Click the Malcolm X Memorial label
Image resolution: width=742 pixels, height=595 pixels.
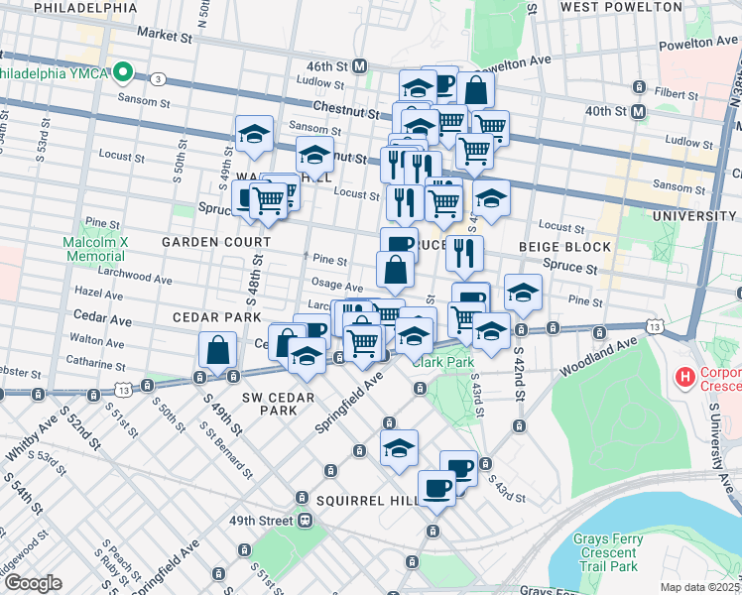[x=94, y=248]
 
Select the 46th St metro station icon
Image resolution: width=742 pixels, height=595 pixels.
[x=360, y=65]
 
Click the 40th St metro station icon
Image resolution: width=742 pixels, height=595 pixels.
[x=640, y=112]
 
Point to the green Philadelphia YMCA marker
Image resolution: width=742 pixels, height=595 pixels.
[x=124, y=71]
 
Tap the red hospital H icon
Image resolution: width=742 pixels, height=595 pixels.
[x=682, y=377]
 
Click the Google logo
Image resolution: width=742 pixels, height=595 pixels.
[x=32, y=583]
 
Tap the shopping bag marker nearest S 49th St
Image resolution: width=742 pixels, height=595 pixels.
[x=217, y=350]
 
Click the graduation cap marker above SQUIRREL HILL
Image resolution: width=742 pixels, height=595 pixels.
[x=399, y=448]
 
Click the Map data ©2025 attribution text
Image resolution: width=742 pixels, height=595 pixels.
[x=697, y=586]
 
